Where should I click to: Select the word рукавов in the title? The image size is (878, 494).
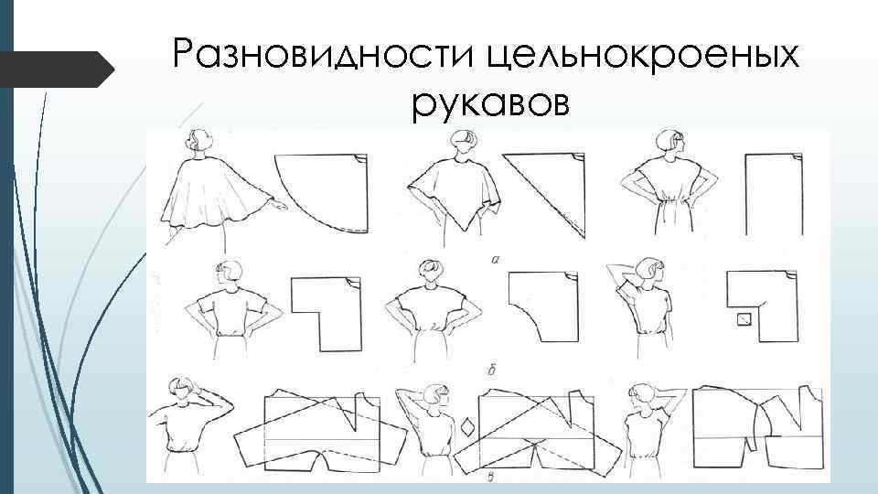(490, 103)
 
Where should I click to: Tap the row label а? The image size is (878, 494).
(495, 259)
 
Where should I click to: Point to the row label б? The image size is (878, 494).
(492, 370)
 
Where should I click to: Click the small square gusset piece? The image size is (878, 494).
(744, 320)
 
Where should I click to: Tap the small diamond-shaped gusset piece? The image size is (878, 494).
(466, 428)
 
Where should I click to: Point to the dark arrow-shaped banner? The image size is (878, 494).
(56, 70)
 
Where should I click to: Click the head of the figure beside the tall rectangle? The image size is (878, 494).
(670, 144)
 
